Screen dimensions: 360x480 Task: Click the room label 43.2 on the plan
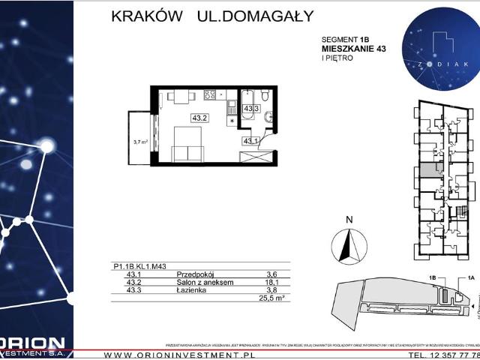(199, 118)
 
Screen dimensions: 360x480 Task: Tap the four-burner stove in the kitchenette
(211, 95)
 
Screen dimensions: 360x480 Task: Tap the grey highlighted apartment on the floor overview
(426, 170)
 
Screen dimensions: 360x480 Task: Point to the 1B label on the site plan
(433, 277)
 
